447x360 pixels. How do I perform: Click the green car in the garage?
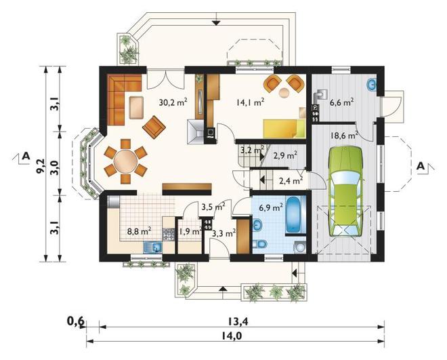coord(346,191)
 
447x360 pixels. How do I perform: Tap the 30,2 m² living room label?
coord(173,102)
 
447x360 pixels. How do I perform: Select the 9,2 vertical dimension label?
coord(40,165)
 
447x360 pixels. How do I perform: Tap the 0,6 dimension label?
coord(76,321)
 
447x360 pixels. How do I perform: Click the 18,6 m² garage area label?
coord(344,135)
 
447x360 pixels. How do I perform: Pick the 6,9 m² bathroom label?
coord(271,207)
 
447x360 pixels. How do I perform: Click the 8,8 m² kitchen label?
coord(139,231)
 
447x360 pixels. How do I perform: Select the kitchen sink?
coord(153,247)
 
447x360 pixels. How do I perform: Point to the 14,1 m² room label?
coord(250,102)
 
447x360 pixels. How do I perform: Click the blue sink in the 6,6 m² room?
coord(372,84)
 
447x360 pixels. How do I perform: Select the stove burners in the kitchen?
coord(168,234)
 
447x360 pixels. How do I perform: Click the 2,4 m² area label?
coord(291,181)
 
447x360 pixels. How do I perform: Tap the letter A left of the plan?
coord(26,156)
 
